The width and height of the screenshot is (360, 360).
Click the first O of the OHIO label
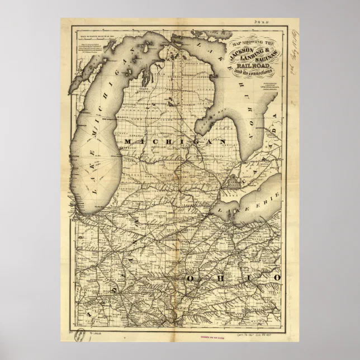192,278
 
